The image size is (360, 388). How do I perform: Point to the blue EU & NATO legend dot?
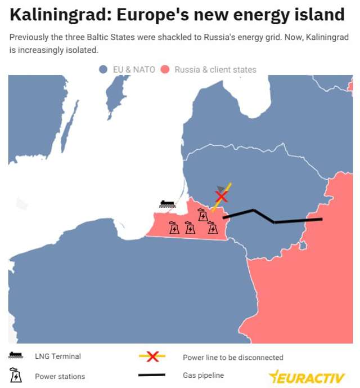pyautogui.click(x=103, y=70)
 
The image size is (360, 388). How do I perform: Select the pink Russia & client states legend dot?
pyautogui.click(x=165, y=70)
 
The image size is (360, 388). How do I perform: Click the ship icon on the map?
pyautogui.click(x=167, y=204)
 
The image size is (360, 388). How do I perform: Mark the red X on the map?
pyautogui.click(x=222, y=196)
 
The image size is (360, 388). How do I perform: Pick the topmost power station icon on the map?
pyautogui.click(x=202, y=215)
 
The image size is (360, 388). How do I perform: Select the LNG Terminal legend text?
pyautogui.click(x=57, y=356)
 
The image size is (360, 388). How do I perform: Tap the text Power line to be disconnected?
pyautogui.click(x=233, y=358)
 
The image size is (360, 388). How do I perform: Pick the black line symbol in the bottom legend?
pyautogui.click(x=152, y=375)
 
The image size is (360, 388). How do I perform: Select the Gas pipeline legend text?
pyautogui.click(x=203, y=376)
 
